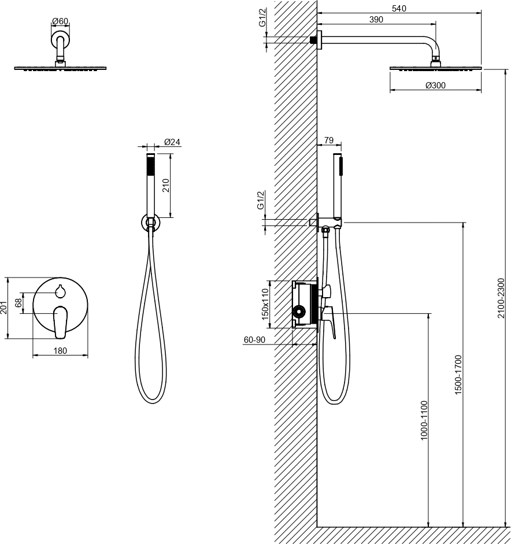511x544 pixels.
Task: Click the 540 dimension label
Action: click(399, 8)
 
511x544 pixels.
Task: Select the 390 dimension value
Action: click(376, 20)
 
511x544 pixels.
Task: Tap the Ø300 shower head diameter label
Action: click(435, 85)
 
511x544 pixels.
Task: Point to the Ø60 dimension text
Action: click(60, 21)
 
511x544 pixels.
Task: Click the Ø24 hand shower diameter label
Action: click(172, 142)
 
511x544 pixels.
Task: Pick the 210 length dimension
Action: click(165, 186)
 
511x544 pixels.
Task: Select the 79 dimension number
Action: click(328, 140)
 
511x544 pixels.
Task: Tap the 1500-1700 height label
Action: click(458, 375)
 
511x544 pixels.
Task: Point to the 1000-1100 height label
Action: click(424, 420)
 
